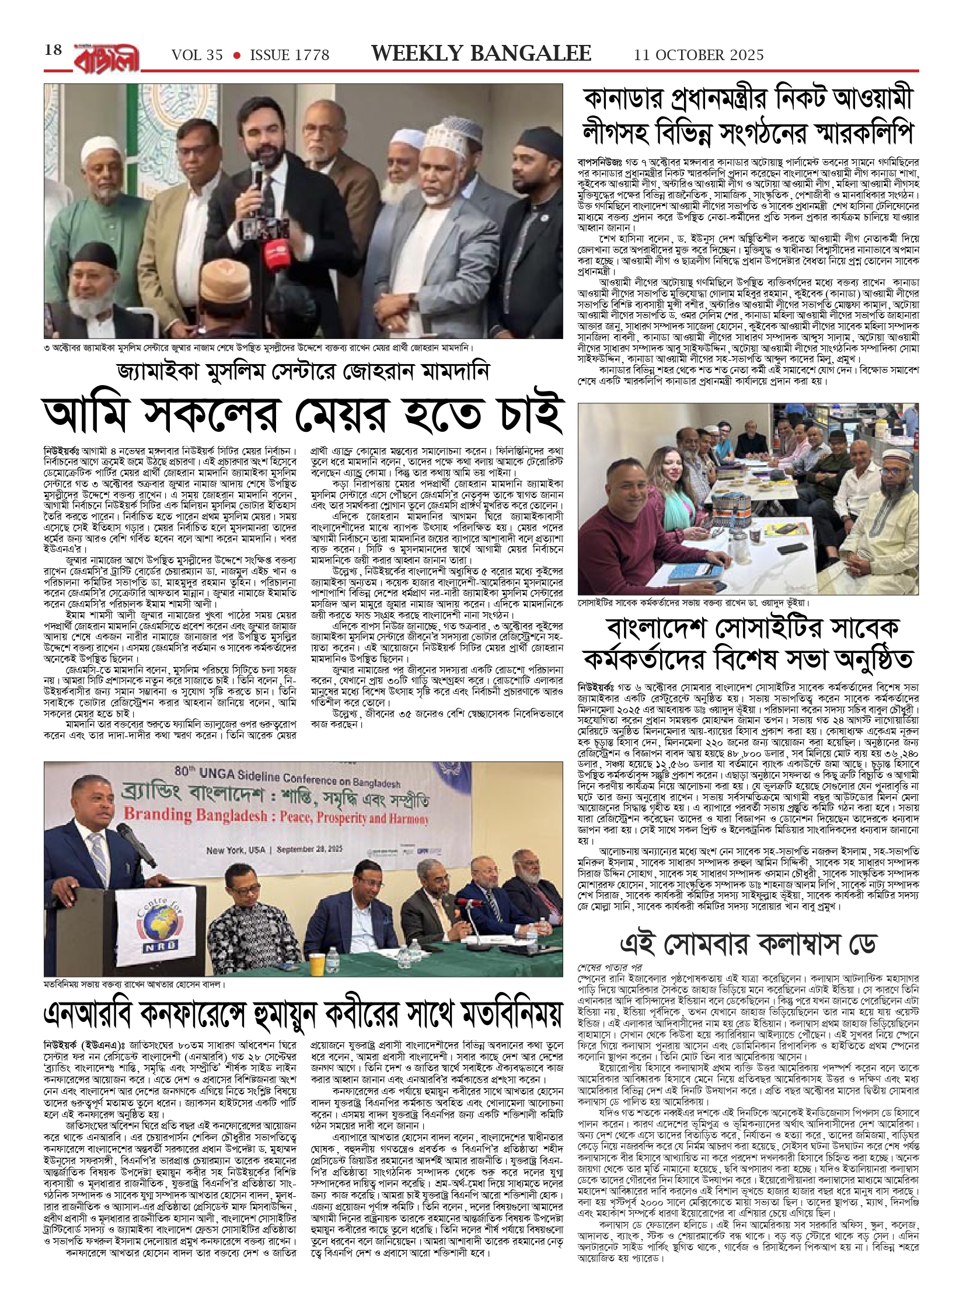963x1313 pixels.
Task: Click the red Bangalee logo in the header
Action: point(107,57)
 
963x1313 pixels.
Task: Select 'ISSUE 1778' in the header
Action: point(289,55)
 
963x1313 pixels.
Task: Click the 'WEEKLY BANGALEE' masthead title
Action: point(481,54)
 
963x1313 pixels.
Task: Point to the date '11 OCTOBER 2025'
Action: point(699,55)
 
